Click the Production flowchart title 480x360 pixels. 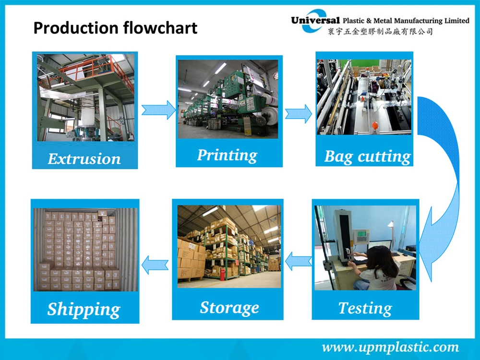(x=115, y=28)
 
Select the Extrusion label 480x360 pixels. (x=84, y=158)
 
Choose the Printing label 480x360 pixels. (x=227, y=155)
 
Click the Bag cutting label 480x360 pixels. (x=368, y=156)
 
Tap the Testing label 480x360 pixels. (x=365, y=308)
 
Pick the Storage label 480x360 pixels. (x=229, y=307)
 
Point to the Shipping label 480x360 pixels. (x=84, y=310)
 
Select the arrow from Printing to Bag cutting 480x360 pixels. (x=298, y=113)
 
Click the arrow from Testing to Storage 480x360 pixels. (x=297, y=262)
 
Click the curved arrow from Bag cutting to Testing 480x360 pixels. (x=444, y=182)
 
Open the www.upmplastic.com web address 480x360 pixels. (x=390, y=347)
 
